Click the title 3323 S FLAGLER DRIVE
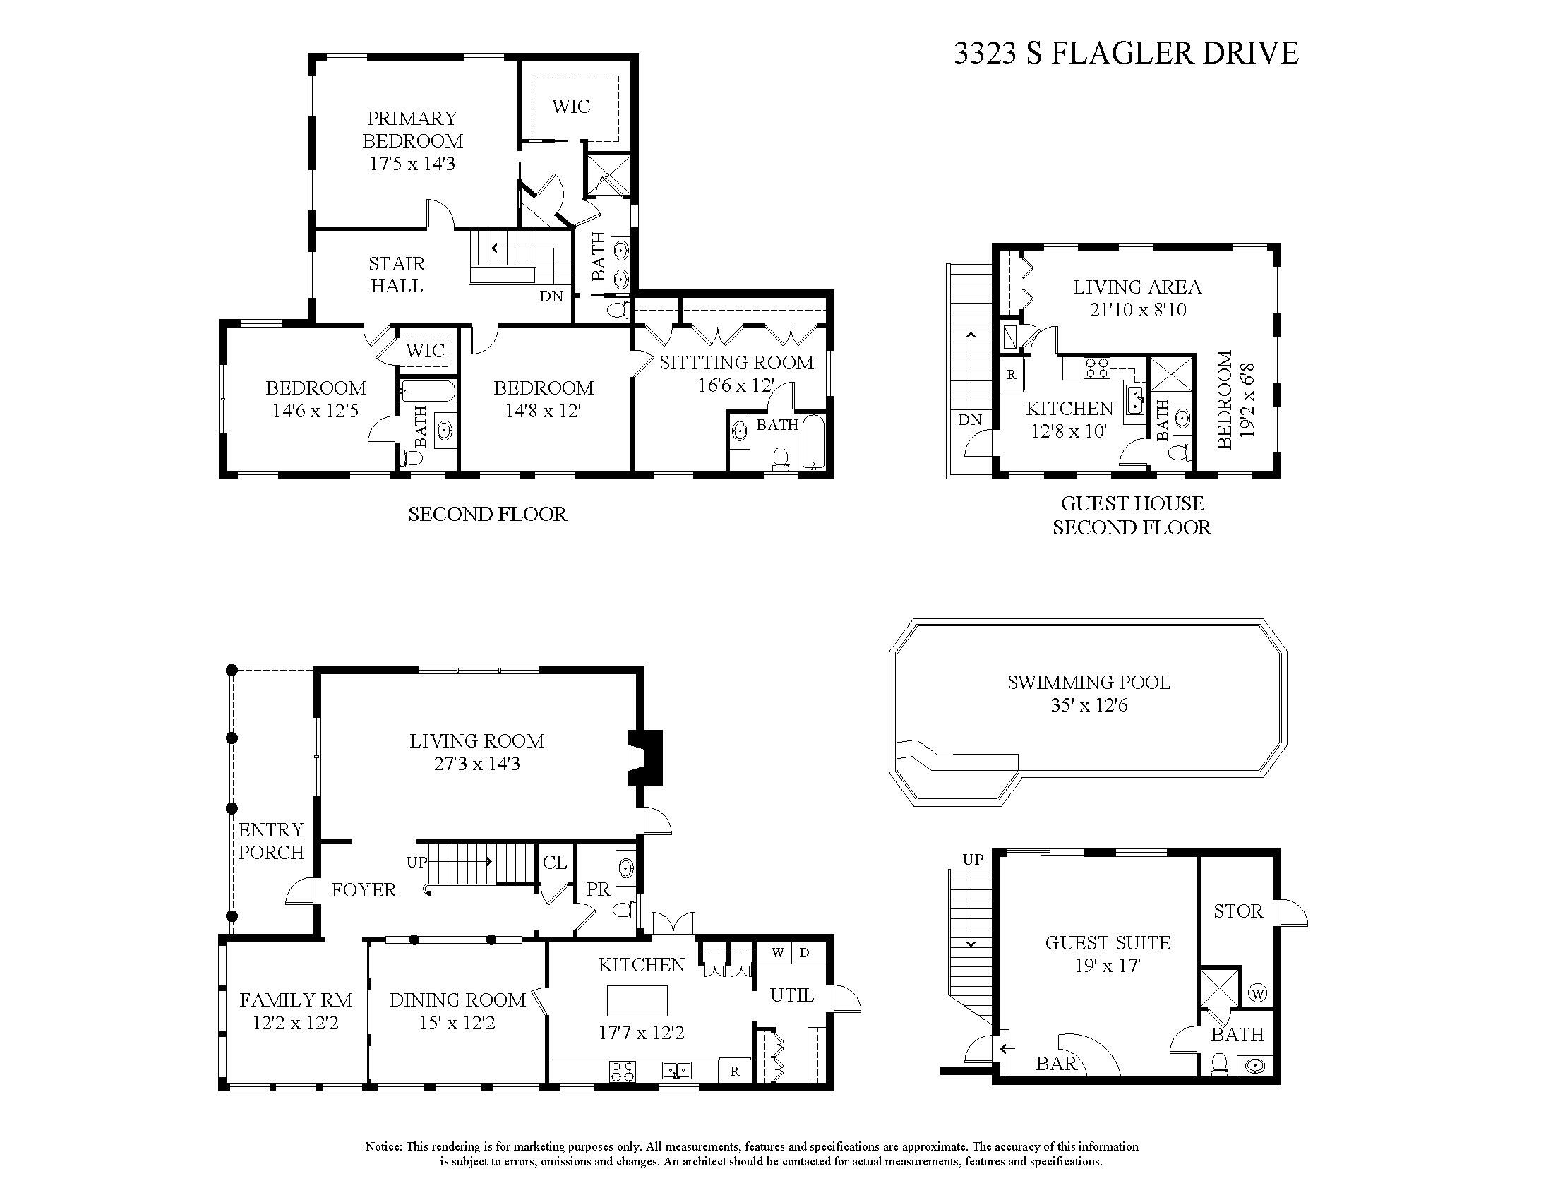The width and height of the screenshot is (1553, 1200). pyautogui.click(x=1126, y=54)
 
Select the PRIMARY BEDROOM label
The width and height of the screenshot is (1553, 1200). pyautogui.click(x=412, y=129)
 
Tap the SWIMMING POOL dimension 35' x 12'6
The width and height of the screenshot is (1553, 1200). pyautogui.click(x=1089, y=706)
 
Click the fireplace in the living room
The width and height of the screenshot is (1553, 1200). pyautogui.click(x=644, y=758)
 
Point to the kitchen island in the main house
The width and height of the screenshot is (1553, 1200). pyautogui.click(x=637, y=1000)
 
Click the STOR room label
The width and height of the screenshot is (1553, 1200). pyautogui.click(x=1238, y=911)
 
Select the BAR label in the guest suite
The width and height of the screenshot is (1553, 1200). pyautogui.click(x=1057, y=1064)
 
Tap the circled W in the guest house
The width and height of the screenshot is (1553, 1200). pyautogui.click(x=1257, y=993)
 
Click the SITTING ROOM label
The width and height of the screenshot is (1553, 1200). pyautogui.click(x=736, y=363)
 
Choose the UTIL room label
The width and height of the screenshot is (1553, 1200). pyautogui.click(x=791, y=995)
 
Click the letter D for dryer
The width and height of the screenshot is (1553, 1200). pyautogui.click(x=804, y=953)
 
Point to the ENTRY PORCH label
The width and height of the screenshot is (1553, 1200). pyautogui.click(x=271, y=841)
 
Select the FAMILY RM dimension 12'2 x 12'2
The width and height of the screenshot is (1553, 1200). pyautogui.click(x=296, y=1023)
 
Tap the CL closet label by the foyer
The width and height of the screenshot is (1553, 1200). pyautogui.click(x=554, y=863)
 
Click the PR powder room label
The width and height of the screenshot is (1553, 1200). pyautogui.click(x=598, y=889)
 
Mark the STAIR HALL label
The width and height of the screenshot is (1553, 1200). pyautogui.click(x=397, y=275)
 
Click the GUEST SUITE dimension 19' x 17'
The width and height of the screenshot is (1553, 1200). pyautogui.click(x=1107, y=966)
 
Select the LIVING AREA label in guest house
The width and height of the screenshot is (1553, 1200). pyautogui.click(x=1137, y=287)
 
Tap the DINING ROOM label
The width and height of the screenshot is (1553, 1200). pyautogui.click(x=457, y=1000)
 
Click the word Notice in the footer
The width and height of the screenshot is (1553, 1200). pyautogui.click(x=383, y=1146)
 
